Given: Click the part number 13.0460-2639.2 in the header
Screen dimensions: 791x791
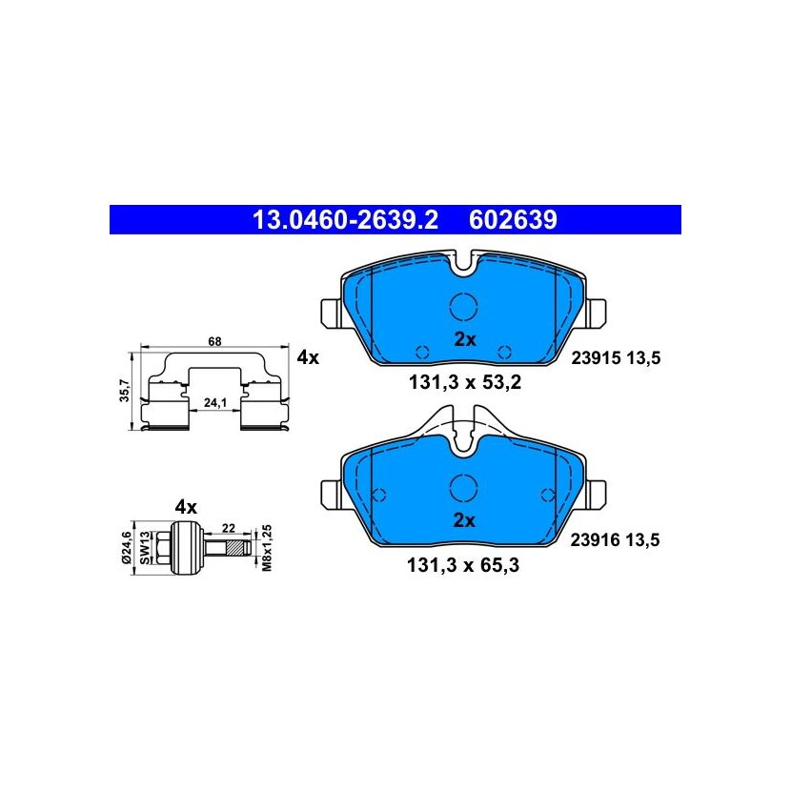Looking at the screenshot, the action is pos(345,220).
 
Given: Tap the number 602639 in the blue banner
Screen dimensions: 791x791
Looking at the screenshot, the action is pos(513,220).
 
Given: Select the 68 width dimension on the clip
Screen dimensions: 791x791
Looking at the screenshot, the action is pos(214,341).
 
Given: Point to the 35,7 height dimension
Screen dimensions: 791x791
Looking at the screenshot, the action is pos(125,391).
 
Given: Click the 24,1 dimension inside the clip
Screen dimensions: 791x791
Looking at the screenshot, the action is pos(214,402).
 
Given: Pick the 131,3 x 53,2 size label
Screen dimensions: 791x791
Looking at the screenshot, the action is pos(465,382).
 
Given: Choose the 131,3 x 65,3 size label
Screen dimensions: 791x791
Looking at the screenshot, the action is pos(463,565).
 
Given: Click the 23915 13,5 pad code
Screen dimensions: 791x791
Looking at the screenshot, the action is pos(616,358).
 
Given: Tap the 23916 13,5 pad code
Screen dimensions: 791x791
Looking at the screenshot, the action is pos(615,540).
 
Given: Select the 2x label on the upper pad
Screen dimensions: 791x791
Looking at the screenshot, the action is pos(465,340).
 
